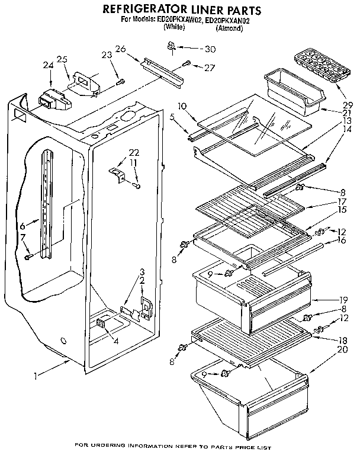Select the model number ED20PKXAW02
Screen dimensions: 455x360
coord(184,20)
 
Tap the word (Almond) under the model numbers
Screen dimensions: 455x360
coord(229,27)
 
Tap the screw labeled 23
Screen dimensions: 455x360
coord(120,81)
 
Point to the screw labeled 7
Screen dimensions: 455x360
coord(28,257)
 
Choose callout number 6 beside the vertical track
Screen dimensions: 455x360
coord(22,226)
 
